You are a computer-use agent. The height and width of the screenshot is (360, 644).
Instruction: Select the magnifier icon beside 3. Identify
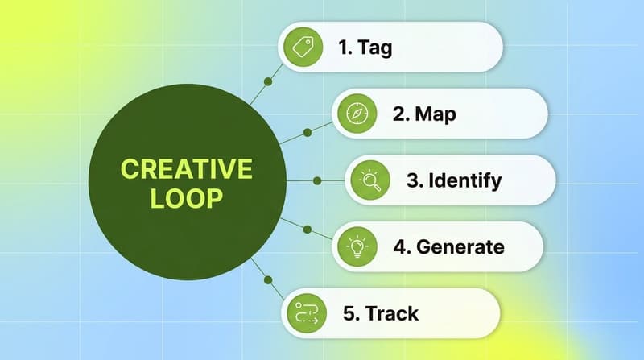tap(371, 180)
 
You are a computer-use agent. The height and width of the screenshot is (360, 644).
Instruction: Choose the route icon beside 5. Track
tap(306, 313)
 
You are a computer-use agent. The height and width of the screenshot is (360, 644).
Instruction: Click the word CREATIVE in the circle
tap(186, 169)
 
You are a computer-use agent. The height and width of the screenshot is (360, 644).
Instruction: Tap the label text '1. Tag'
tap(365, 47)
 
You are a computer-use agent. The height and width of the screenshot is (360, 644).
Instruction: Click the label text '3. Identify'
tap(454, 180)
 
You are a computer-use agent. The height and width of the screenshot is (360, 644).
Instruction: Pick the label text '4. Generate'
tap(448, 246)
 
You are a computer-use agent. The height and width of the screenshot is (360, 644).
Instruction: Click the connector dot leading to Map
tap(306, 131)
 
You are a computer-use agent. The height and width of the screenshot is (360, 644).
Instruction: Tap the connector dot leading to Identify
tap(316, 180)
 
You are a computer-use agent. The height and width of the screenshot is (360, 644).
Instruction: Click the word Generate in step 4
tap(460, 246)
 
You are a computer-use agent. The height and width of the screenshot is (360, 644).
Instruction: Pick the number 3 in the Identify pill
tap(411, 180)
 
